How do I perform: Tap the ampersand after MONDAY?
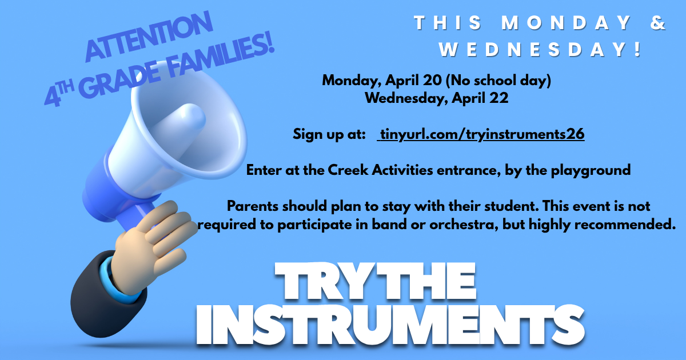(x=658, y=23)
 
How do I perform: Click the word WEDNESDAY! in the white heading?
(x=541, y=49)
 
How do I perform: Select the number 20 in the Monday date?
(x=432, y=80)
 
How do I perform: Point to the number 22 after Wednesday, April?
(x=499, y=98)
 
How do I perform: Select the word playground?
(x=591, y=170)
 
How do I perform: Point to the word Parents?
(x=252, y=206)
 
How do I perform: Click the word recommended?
(x=625, y=225)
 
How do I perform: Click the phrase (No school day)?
(x=498, y=81)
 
